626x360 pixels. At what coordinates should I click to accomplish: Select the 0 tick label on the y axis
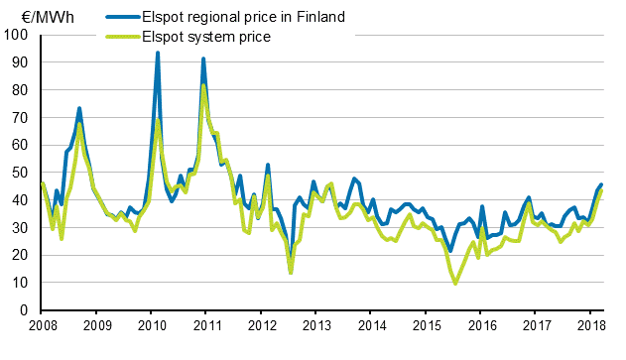pos(23,310)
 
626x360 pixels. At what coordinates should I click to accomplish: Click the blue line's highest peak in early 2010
pos(158,53)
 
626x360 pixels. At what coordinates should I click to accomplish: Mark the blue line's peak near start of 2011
pos(203,59)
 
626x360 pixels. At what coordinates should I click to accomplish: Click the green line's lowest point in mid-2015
pos(455,284)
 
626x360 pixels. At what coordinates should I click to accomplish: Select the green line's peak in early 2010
pos(158,120)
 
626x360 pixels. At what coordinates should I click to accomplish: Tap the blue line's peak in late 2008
pos(79,108)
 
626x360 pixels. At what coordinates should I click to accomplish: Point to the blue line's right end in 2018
pos(602,184)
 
